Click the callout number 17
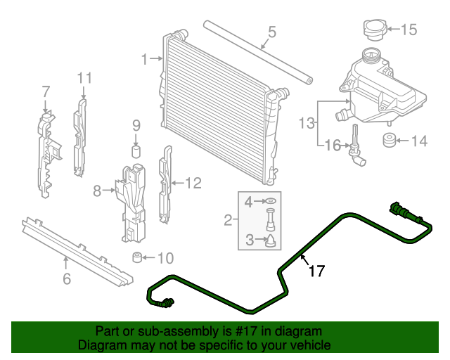(x=317, y=270)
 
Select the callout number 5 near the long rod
(x=271, y=32)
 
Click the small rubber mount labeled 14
(x=387, y=140)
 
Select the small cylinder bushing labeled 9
(x=136, y=151)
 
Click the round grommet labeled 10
(x=138, y=257)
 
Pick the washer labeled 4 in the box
(x=270, y=203)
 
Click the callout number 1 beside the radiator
(x=144, y=60)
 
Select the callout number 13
(x=305, y=124)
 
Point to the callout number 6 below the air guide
(x=67, y=279)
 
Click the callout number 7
(x=46, y=91)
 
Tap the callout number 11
(x=84, y=77)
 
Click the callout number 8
(x=97, y=189)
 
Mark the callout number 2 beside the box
(x=228, y=221)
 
